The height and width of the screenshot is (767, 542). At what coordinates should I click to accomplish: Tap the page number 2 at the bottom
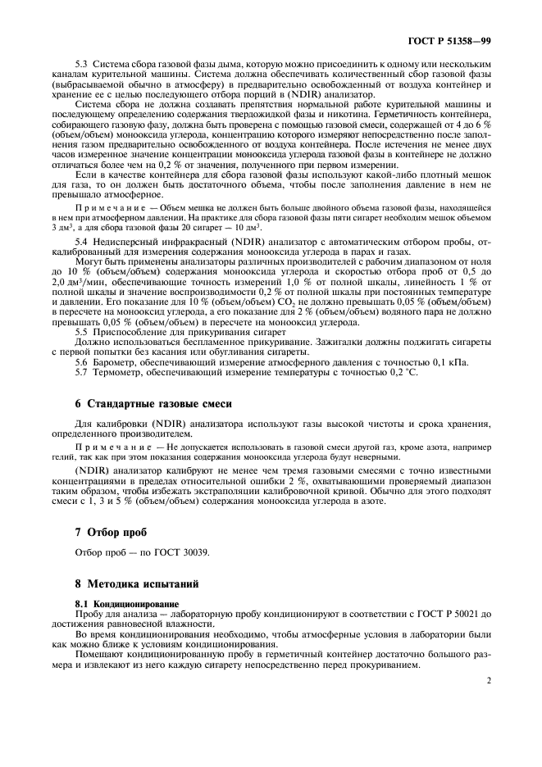click(488, 679)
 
